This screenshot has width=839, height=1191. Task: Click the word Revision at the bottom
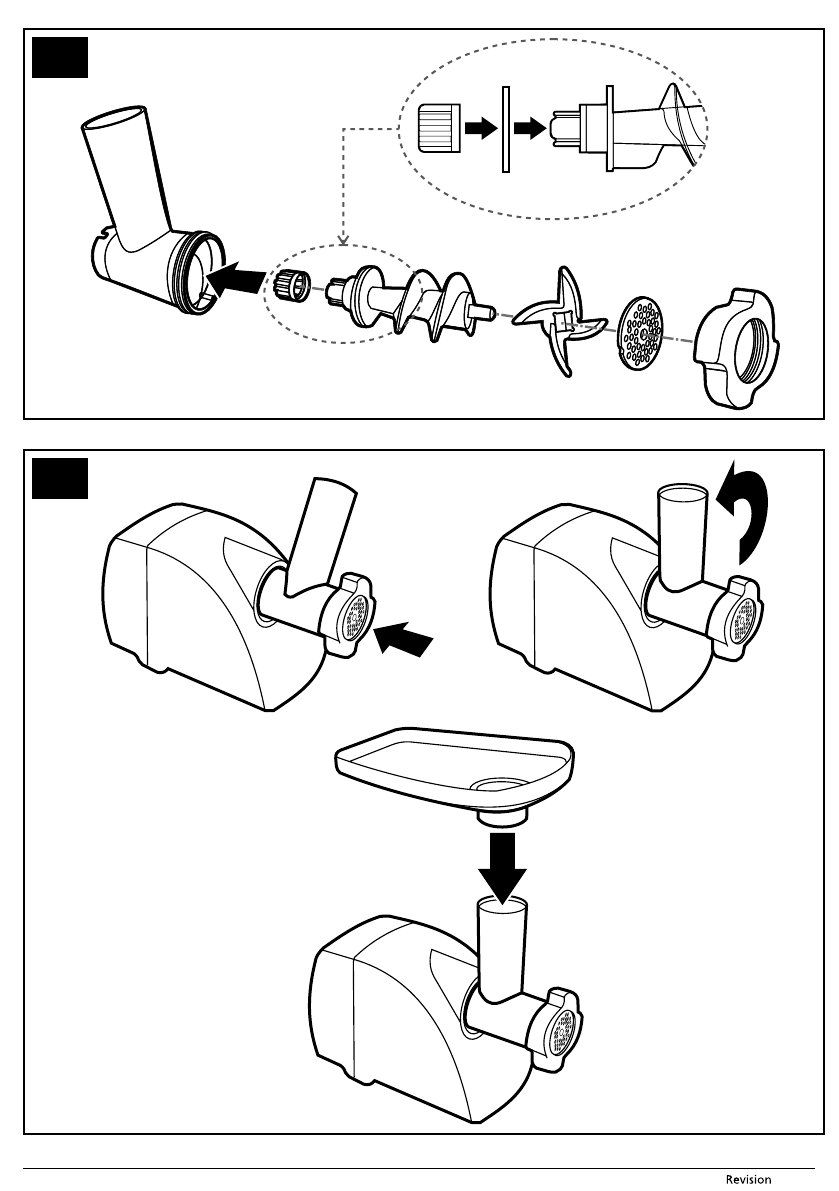click(748, 1180)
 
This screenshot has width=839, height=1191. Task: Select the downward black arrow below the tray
click(501, 863)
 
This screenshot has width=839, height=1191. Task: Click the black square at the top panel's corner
click(60, 58)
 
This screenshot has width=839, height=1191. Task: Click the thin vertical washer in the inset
click(505, 127)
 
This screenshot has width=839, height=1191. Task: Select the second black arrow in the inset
click(531, 128)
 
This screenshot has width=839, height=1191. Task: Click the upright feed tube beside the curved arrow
click(679, 535)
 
